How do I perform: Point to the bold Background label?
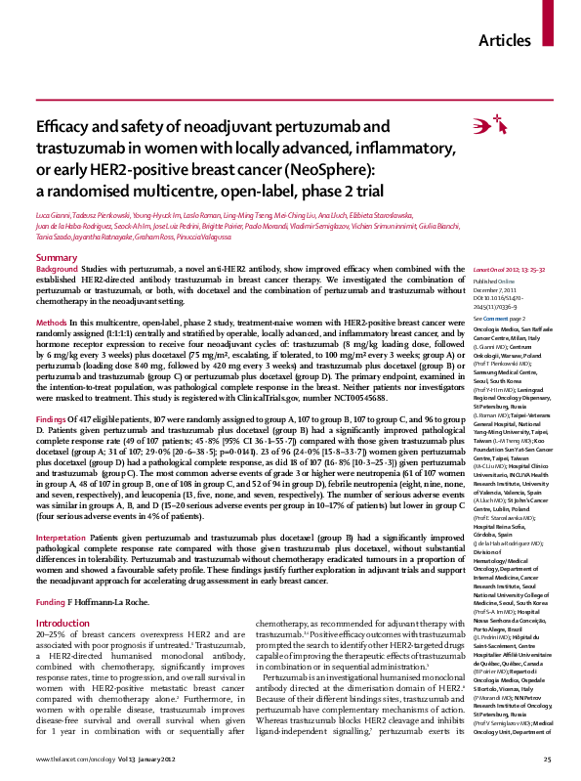pos(57,268)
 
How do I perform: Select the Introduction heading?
pos(62,595)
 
